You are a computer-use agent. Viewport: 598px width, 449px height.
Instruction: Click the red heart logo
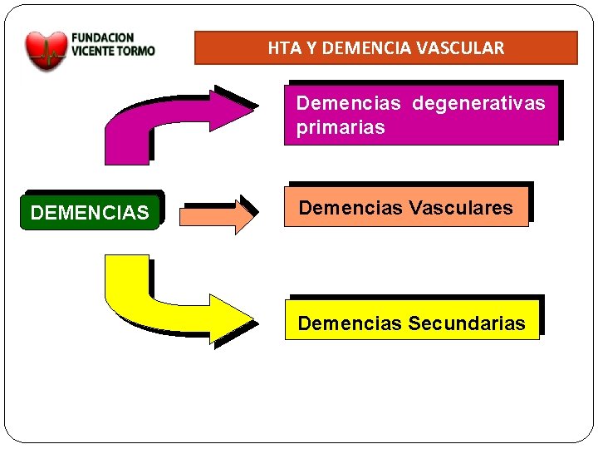[x=46, y=50]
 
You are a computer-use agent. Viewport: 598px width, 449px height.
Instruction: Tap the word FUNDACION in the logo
[x=103, y=37]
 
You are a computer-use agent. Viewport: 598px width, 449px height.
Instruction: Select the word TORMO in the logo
[x=137, y=50]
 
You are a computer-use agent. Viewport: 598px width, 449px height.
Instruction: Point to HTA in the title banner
[x=279, y=48]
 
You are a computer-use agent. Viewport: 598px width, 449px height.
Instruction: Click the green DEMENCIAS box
[x=90, y=213]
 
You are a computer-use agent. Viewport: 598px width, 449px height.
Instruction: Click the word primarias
[x=341, y=127]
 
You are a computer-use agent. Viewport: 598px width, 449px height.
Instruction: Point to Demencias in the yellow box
[x=350, y=323]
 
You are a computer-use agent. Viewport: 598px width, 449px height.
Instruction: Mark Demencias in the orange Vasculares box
[x=350, y=207]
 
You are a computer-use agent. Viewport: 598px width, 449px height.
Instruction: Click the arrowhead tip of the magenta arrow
[x=252, y=108]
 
